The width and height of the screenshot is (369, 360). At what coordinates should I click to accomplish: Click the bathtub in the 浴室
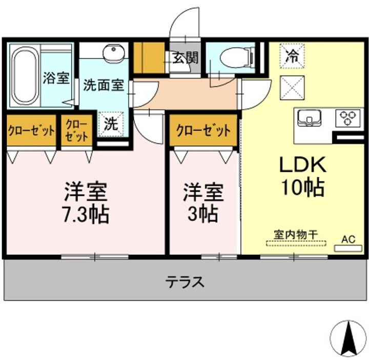(x=24, y=76)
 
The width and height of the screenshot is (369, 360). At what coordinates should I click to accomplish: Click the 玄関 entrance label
(x=186, y=57)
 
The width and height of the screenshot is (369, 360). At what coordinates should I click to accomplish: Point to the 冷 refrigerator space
(x=292, y=56)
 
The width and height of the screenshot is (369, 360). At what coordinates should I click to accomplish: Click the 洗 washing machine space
(x=111, y=124)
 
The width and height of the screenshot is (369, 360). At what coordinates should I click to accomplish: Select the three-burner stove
(x=348, y=118)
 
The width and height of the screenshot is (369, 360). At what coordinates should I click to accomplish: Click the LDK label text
(x=303, y=165)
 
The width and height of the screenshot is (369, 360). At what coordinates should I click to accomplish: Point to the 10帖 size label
(x=303, y=187)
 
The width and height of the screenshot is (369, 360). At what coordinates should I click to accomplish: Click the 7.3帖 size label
(x=86, y=214)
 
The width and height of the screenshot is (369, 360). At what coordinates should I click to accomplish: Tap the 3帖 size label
(x=202, y=214)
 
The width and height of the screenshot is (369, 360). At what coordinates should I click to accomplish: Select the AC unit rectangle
(x=348, y=248)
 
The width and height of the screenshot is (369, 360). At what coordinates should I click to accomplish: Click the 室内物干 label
(x=296, y=235)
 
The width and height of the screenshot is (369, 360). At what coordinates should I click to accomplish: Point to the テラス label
(x=184, y=282)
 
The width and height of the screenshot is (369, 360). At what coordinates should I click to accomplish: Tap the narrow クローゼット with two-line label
(x=77, y=131)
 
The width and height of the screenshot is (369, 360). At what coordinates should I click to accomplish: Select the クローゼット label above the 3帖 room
(x=203, y=130)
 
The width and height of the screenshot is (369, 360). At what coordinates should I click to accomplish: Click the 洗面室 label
(x=104, y=85)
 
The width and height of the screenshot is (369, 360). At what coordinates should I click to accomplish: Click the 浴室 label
(x=56, y=78)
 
